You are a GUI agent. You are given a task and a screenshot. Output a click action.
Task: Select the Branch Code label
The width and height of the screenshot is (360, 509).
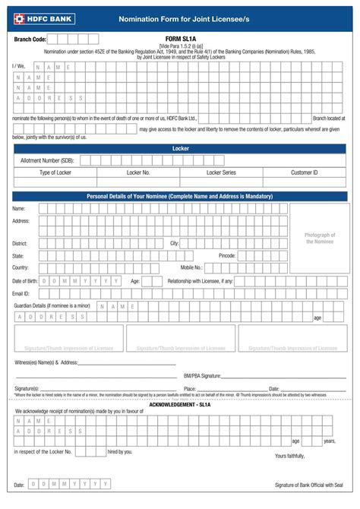pyautogui.click(x=30, y=38)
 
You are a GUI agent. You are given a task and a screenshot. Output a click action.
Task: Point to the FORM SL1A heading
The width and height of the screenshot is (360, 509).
pyautogui.click(x=181, y=37)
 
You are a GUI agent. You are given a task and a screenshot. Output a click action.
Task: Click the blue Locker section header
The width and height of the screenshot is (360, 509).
pyautogui.click(x=180, y=149)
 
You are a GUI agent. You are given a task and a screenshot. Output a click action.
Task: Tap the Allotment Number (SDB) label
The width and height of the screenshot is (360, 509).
pyautogui.click(x=47, y=160)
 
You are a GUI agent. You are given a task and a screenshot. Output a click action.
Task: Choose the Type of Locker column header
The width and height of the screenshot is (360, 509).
pyautogui.click(x=55, y=172)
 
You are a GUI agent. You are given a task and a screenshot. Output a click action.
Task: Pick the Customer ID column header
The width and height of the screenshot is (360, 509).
pyautogui.click(x=304, y=172)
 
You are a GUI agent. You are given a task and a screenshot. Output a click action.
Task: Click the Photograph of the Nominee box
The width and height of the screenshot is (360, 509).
pyautogui.click(x=320, y=238)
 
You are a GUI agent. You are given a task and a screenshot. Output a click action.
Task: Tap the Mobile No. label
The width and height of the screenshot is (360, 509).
pyautogui.click(x=191, y=267)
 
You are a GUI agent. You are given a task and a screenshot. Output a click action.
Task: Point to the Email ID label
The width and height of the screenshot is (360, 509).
pyautogui.click(x=21, y=292)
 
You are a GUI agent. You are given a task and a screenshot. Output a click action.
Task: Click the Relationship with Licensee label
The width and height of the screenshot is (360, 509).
pyautogui.click(x=201, y=280)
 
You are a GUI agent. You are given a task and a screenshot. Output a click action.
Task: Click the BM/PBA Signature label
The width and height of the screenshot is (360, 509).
pyautogui.click(x=202, y=375)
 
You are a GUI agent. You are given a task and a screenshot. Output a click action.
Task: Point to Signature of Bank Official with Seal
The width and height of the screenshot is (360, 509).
pyautogui.click(x=308, y=484)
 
